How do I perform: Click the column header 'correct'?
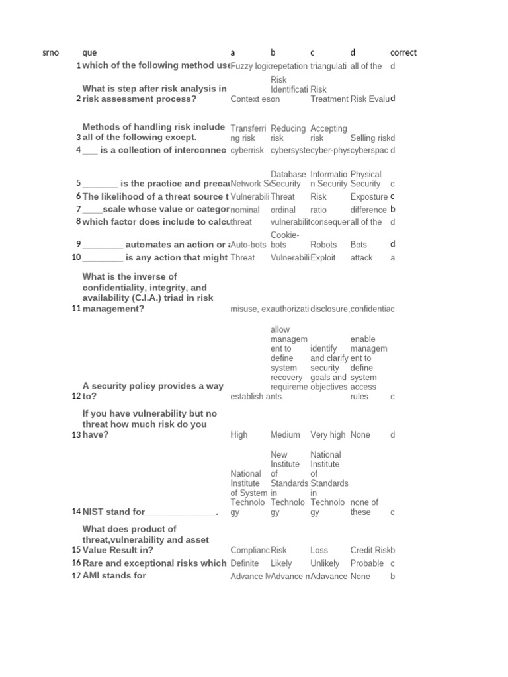[x=403, y=53]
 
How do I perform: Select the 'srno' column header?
[x=50, y=53]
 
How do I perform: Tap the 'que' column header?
[x=89, y=53]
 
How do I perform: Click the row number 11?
[x=77, y=309]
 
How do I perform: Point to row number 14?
[x=77, y=512]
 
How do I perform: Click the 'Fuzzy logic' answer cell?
[x=250, y=66]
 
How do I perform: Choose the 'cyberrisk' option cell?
[x=247, y=151]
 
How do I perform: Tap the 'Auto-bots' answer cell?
[x=248, y=245]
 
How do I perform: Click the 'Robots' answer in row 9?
[x=323, y=245]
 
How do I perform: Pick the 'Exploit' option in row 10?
[x=324, y=258]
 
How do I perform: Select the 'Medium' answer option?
[x=285, y=435]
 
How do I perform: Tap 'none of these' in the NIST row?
[x=364, y=507]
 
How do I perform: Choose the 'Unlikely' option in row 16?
[x=325, y=563]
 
